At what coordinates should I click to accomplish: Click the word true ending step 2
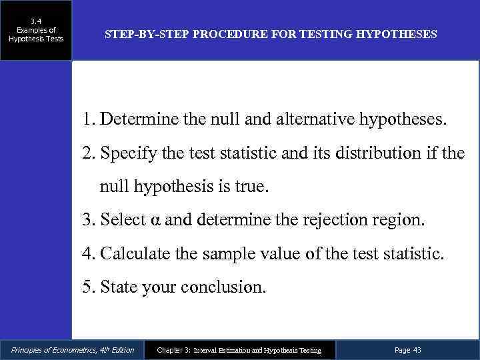(249, 187)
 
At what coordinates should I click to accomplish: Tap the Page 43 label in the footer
(408, 350)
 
